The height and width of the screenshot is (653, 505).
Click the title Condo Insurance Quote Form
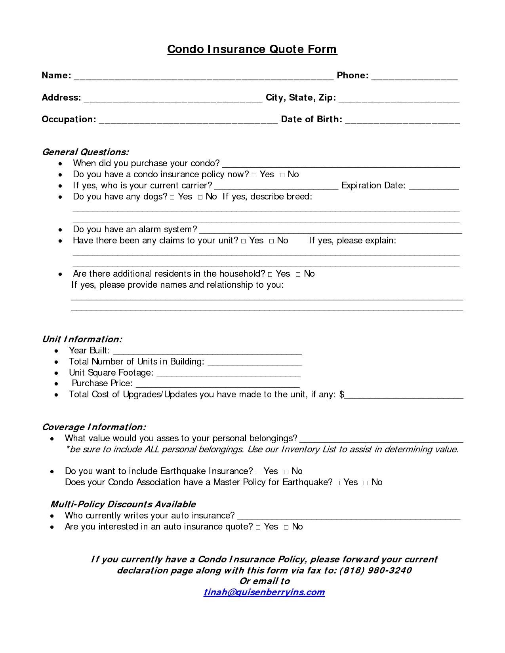252,49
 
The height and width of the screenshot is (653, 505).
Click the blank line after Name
204,78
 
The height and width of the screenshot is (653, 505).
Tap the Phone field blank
414,78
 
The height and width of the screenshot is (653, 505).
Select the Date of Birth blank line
402,121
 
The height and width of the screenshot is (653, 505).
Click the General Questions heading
86,152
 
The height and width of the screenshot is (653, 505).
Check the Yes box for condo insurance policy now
254,175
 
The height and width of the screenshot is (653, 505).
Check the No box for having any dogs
200,197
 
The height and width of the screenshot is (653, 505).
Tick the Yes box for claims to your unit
243,241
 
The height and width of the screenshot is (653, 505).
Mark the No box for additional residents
298,274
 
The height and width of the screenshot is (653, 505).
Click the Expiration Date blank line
434,188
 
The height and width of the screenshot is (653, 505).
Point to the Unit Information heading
82,339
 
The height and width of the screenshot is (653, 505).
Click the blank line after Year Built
207,352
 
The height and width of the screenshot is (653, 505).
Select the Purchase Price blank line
217,385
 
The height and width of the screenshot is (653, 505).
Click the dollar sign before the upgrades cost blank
342,395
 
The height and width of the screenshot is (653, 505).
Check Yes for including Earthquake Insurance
258,472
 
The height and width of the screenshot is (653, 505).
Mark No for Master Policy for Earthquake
366,483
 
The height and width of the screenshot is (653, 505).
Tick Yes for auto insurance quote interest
258,527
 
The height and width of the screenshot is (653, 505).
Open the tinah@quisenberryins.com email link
264,592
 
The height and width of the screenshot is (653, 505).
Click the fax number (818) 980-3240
375,570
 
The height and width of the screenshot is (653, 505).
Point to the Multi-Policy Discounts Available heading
123,504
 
